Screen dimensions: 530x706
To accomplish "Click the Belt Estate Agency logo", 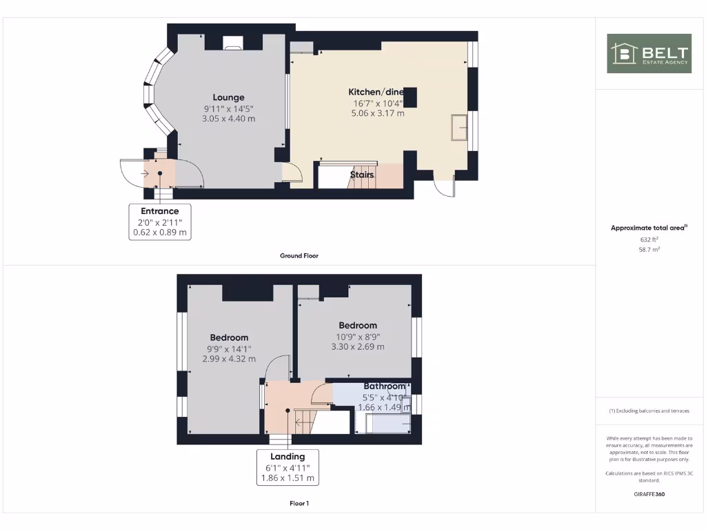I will [x=649, y=54].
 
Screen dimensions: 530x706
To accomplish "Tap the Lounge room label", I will [x=228, y=97].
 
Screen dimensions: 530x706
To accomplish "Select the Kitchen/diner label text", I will [x=376, y=92].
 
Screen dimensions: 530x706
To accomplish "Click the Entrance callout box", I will [x=160, y=222].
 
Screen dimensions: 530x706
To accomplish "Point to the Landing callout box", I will [x=288, y=467].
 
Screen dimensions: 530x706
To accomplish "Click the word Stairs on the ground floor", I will [x=362, y=175].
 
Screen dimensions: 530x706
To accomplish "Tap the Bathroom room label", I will [x=384, y=386].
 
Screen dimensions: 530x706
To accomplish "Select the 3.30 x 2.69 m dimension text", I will [x=358, y=347].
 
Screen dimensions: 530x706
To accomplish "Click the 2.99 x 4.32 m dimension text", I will [x=229, y=359].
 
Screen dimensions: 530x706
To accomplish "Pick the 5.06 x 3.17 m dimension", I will [x=377, y=113].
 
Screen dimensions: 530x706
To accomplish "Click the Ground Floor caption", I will [x=299, y=255].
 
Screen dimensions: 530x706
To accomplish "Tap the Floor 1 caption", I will [x=299, y=504].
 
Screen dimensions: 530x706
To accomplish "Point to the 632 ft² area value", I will [x=649, y=239].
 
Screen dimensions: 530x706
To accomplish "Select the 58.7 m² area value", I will [x=649, y=250].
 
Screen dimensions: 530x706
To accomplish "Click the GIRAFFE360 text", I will [x=649, y=494].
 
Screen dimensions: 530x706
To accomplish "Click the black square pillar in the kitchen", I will [x=410, y=97].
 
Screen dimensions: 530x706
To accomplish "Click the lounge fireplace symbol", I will [x=233, y=46].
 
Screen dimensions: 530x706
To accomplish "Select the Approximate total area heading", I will [x=649, y=228].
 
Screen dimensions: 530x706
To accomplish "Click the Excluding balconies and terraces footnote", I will [x=649, y=411].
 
